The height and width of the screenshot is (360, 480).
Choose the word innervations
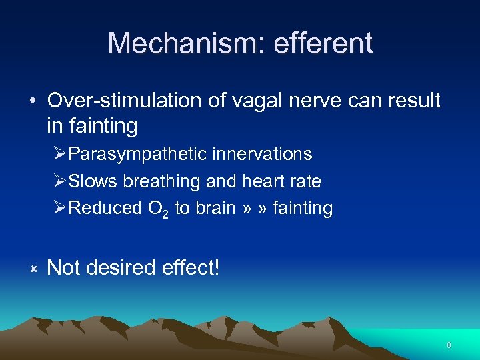pos(261,154)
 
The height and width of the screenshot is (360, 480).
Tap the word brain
pos(215,208)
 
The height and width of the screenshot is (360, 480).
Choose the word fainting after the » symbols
pos(301,208)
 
